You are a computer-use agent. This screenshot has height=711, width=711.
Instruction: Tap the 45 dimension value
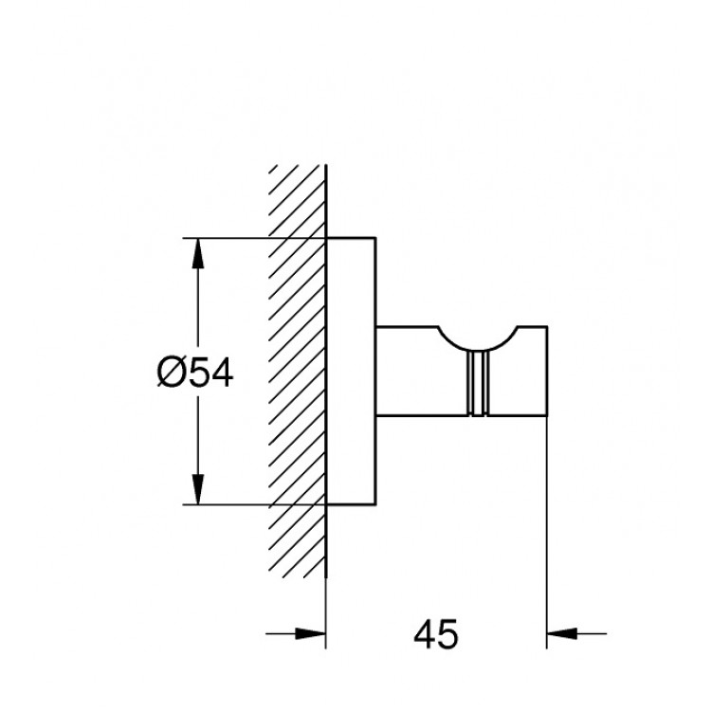(437, 632)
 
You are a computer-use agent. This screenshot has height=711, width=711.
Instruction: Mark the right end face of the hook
(548, 372)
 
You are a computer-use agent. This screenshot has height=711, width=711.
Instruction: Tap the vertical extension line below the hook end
(548, 531)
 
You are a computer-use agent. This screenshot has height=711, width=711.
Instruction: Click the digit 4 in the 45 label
(423, 632)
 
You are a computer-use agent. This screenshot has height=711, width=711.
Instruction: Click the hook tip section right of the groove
(517, 379)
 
